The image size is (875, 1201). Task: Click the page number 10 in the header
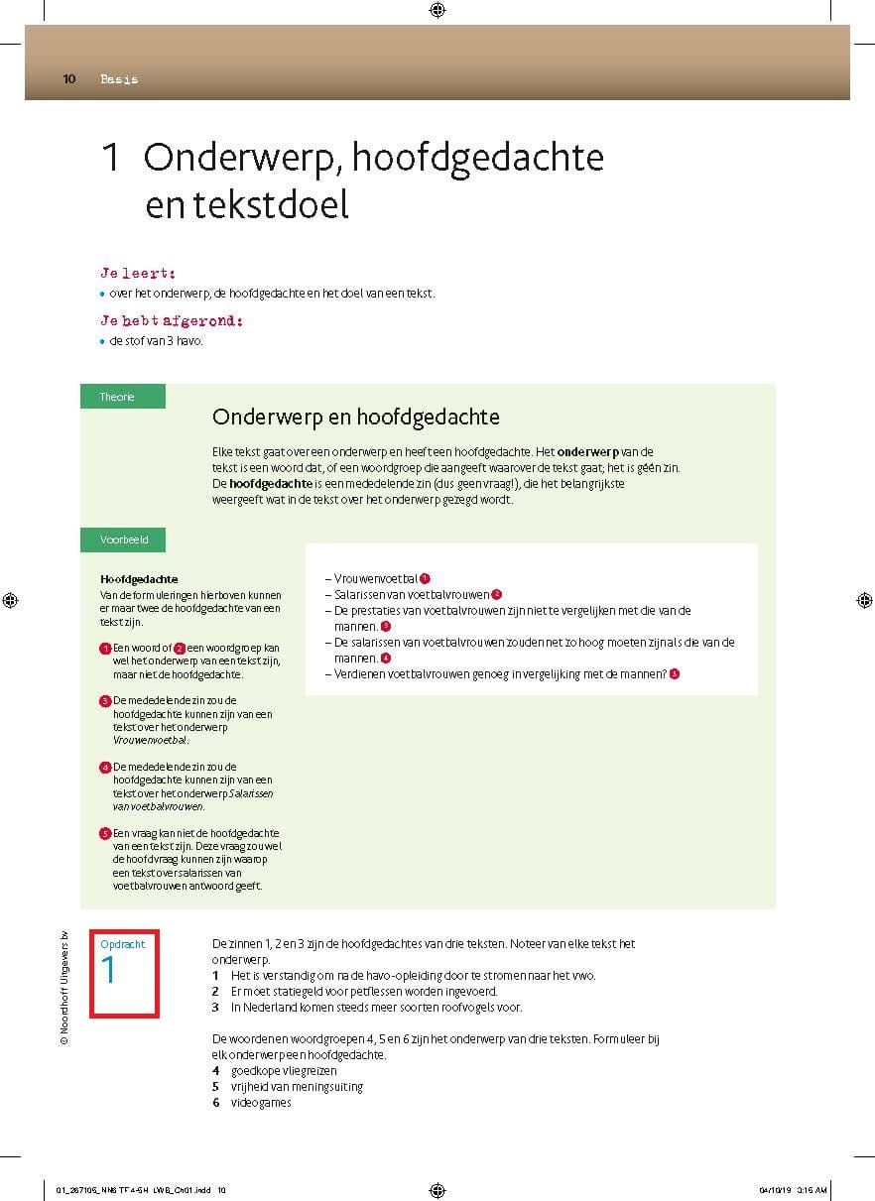pyautogui.click(x=68, y=79)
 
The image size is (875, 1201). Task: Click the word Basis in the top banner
pyautogui.click(x=119, y=79)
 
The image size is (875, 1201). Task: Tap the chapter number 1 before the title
pyautogui.click(x=111, y=158)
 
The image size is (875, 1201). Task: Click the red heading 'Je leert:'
pyautogui.click(x=138, y=272)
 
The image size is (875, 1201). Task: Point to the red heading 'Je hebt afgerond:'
pyautogui.click(x=172, y=320)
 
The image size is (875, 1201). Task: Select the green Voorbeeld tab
pyautogui.click(x=123, y=540)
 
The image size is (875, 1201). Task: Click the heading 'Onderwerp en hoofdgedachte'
pyautogui.click(x=355, y=416)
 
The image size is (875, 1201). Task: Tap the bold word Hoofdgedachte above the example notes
pyautogui.click(x=139, y=579)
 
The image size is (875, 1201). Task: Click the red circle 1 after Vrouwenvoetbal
pyautogui.click(x=425, y=578)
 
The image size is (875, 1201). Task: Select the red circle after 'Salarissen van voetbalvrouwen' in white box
pyautogui.click(x=497, y=594)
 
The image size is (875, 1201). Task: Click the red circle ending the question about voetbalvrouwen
pyautogui.click(x=675, y=674)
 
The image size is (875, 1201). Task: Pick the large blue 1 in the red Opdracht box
pyautogui.click(x=109, y=971)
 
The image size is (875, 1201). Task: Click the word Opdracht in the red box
pyautogui.click(x=123, y=944)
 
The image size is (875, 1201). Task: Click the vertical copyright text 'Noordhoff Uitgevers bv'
pyautogui.click(x=63, y=989)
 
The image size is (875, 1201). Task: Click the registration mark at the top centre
pyautogui.click(x=437, y=11)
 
